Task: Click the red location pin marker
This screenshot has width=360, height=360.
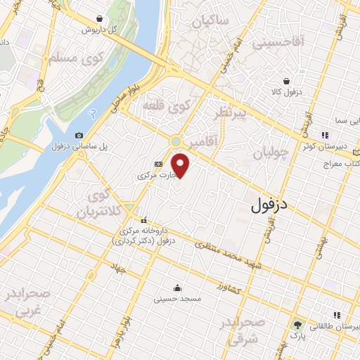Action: point(181,166)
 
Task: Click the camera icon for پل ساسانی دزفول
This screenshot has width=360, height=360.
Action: point(79,135)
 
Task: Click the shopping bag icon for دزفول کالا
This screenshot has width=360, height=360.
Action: point(288,81)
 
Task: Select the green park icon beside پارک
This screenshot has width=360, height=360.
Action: point(298,325)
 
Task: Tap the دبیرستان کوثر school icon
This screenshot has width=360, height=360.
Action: point(325,135)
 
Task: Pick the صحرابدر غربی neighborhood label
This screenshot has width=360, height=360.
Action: point(28,301)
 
